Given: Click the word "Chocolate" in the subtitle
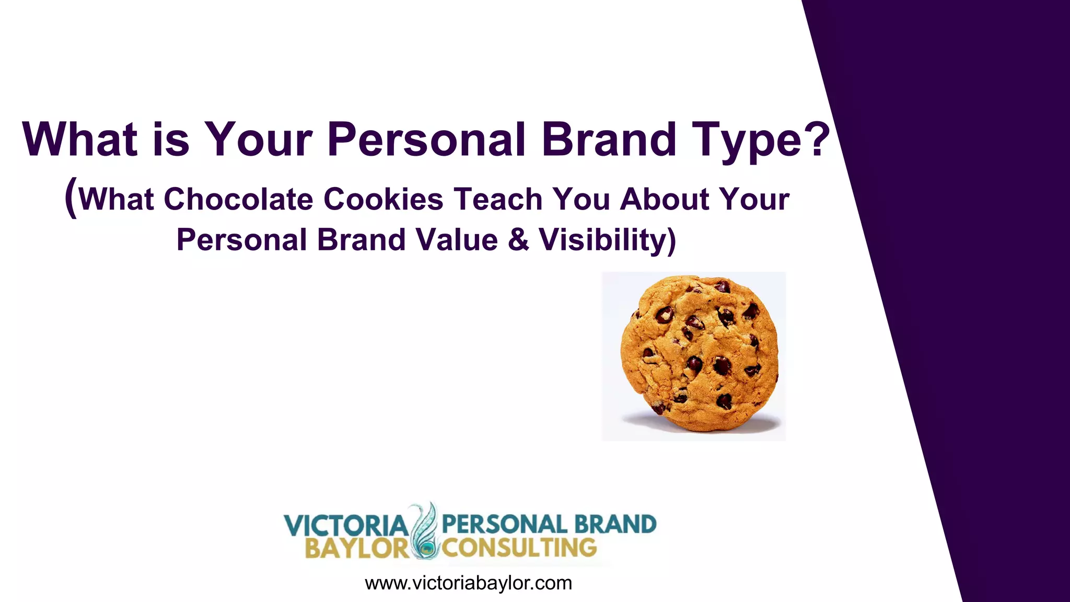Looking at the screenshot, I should pos(238,200).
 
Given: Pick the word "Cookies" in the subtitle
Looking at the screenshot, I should pos(383,200).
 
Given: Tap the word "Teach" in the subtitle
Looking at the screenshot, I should pos(498,200).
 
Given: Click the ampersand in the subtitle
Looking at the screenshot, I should pos(518,240).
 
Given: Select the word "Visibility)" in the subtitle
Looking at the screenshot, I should pos(608,240).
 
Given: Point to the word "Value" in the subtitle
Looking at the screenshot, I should pos(457,240).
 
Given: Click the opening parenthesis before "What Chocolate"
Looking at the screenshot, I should pos(71,198).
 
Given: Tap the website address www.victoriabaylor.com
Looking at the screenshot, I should pos(468,583).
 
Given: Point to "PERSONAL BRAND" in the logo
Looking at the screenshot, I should pos(549,524).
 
